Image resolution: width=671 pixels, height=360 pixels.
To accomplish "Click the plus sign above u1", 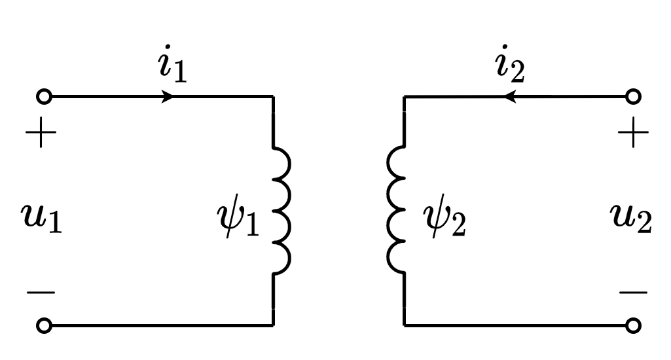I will click(x=41, y=135).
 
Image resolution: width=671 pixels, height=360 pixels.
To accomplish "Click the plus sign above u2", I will click(x=633, y=135).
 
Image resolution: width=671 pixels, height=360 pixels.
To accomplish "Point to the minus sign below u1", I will click(x=41, y=292).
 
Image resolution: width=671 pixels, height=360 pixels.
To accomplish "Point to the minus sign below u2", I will click(x=633, y=292).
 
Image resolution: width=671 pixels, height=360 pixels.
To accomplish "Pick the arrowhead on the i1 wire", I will click(x=168, y=97).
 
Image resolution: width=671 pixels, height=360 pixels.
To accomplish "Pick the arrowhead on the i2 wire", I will click(x=510, y=97).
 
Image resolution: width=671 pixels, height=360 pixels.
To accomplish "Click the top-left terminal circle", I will click(x=44, y=97).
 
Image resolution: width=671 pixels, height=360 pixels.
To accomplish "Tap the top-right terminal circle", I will click(x=633, y=97).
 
